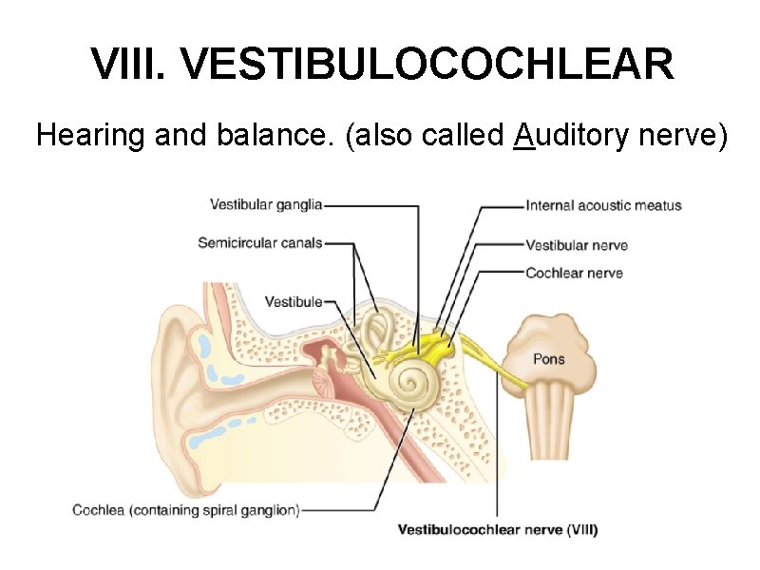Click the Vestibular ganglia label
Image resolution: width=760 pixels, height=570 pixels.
[x=266, y=204]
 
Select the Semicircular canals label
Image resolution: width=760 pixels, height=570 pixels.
[x=260, y=242]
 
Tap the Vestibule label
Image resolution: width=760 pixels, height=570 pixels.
[x=294, y=302]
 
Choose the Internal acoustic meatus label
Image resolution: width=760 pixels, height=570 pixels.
[x=603, y=205]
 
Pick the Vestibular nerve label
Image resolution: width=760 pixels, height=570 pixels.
[x=577, y=245]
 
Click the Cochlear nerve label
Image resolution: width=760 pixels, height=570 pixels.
[x=574, y=273]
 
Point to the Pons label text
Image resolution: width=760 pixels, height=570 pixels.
[x=549, y=359]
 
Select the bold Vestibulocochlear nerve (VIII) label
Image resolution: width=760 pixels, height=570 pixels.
[x=497, y=529]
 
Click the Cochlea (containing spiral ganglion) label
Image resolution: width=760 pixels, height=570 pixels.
[x=186, y=510]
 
